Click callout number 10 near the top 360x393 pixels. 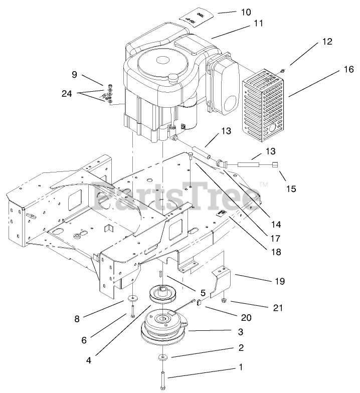click(x=245, y=12)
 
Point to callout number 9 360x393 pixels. click(x=74, y=75)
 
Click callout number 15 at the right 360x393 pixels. click(x=292, y=189)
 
